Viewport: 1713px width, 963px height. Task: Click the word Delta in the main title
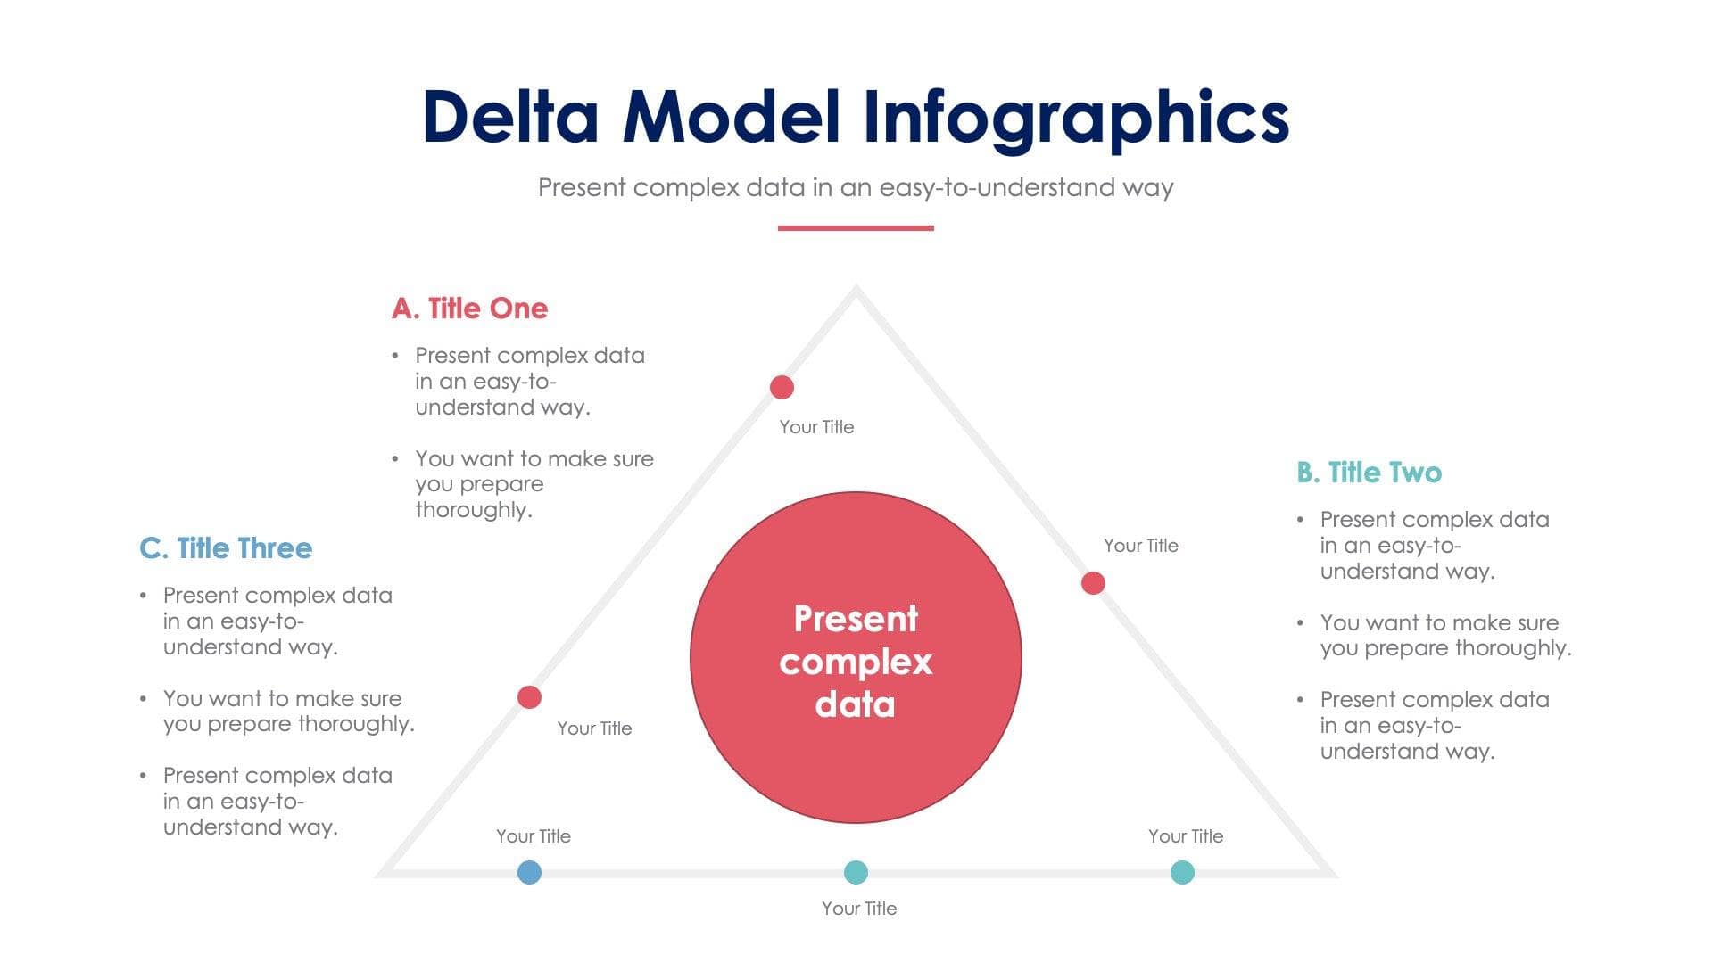(510, 117)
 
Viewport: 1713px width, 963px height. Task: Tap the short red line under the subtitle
(856, 228)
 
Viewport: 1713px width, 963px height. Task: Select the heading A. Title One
(469, 309)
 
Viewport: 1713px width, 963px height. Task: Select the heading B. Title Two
(1369, 473)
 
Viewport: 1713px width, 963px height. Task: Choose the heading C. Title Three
(226, 548)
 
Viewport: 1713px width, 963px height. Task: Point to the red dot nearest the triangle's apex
(782, 387)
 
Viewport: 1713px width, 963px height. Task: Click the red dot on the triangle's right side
(1093, 583)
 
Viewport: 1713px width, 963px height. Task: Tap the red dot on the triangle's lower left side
(529, 697)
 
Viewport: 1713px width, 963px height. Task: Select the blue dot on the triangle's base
(529, 872)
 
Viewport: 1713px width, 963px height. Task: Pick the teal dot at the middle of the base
(856, 872)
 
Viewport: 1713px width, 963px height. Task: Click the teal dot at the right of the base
(1182, 872)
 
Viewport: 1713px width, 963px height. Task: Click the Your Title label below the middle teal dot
(859, 909)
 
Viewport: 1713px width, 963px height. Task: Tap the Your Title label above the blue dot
(534, 836)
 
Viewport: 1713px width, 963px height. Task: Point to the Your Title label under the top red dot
(816, 427)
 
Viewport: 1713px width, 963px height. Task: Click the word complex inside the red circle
(856, 662)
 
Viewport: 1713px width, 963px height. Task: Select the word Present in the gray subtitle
(582, 188)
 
